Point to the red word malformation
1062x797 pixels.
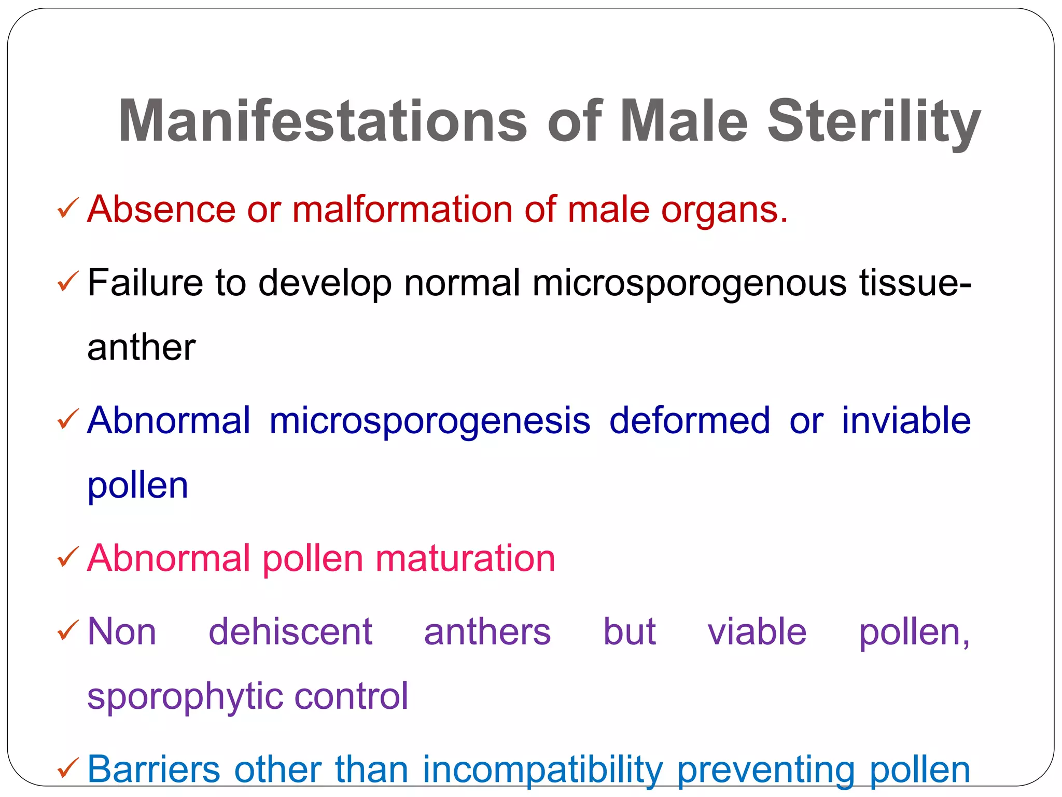click(402, 210)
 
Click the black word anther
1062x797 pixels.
click(142, 347)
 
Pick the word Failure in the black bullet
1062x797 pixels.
click(145, 283)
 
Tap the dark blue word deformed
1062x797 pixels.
click(690, 420)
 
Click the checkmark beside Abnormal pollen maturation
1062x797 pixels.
click(68, 558)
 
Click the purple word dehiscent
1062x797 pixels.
click(290, 631)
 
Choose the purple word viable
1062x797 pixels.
click(757, 631)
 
